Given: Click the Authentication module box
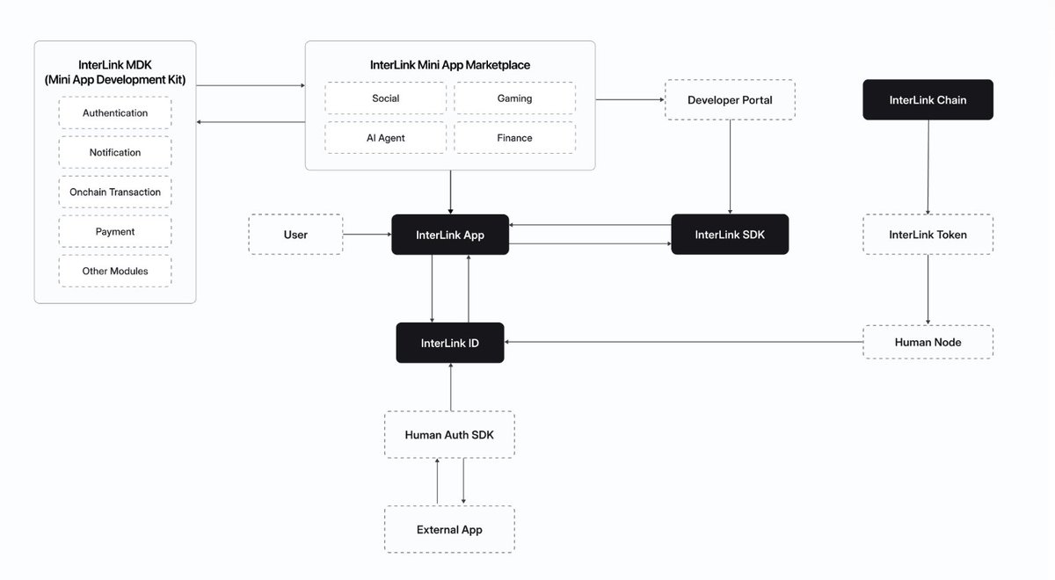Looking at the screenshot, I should tap(115, 113).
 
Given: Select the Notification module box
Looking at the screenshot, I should tap(115, 153).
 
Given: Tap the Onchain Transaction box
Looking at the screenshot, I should tap(115, 192).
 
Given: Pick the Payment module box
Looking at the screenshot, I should tap(115, 232).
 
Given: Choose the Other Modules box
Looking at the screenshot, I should tap(115, 272).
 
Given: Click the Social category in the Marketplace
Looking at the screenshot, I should tap(385, 98).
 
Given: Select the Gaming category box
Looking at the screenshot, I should tap(514, 98).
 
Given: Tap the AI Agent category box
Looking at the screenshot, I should tap(385, 138).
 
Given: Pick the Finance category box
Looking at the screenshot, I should tap(514, 138).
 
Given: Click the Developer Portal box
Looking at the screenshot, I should tap(730, 100).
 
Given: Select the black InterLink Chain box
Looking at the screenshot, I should tap(928, 100).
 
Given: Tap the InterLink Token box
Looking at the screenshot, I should tap(928, 235).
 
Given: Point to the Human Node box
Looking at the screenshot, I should tap(928, 342).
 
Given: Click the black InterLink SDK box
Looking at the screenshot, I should tap(730, 235).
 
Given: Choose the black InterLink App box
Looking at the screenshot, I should tap(450, 235).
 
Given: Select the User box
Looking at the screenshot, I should tap(295, 235).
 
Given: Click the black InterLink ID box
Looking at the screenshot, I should tap(450, 342).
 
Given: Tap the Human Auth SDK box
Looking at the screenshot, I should tap(449, 435).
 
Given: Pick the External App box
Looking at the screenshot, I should tap(449, 530).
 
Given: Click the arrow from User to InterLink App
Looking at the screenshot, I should tap(367, 235).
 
